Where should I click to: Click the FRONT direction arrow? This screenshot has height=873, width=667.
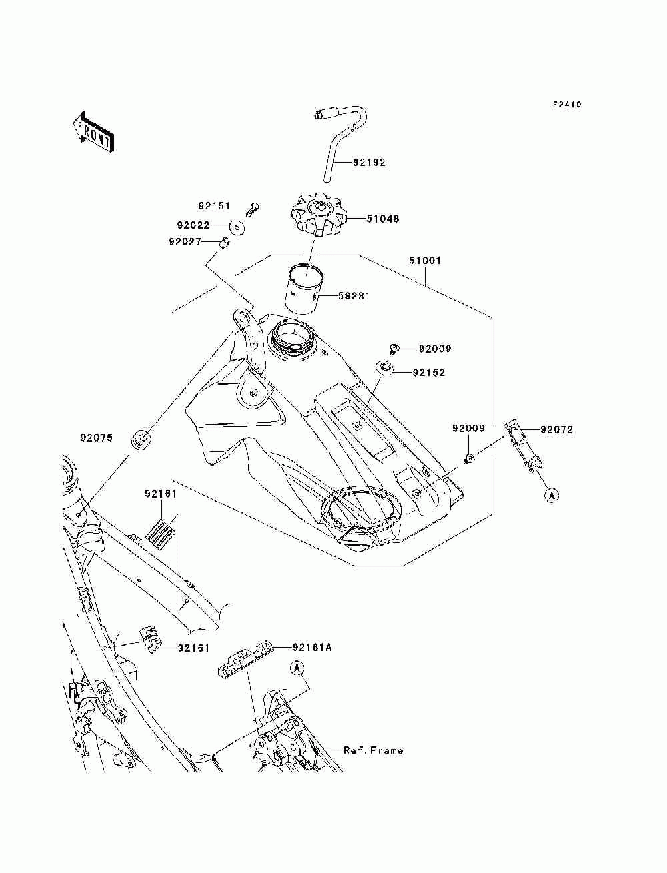pyautogui.click(x=93, y=131)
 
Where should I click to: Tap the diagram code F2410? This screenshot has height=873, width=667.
pyautogui.click(x=567, y=105)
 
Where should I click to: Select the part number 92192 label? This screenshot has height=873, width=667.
pyautogui.click(x=369, y=163)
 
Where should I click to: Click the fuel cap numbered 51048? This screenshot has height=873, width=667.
pyautogui.click(x=317, y=215)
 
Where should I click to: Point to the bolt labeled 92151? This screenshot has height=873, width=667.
pyautogui.click(x=252, y=209)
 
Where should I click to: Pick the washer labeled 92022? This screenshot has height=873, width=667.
pyautogui.click(x=237, y=228)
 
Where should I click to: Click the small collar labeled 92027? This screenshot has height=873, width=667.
pyautogui.click(x=225, y=242)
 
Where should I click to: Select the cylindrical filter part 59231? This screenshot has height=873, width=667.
pyautogui.click(x=305, y=289)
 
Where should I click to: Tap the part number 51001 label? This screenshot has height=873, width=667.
pyautogui.click(x=425, y=261)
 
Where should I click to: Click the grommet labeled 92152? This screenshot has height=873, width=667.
pyautogui.click(x=385, y=367)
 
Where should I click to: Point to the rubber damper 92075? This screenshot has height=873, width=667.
pyautogui.click(x=141, y=440)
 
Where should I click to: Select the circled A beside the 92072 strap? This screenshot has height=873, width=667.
pyautogui.click(x=552, y=495)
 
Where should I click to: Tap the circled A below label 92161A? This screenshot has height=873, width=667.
pyautogui.click(x=297, y=668)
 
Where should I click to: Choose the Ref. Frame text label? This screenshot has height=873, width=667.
pyautogui.click(x=373, y=750)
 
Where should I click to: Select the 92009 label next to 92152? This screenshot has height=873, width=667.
pyautogui.click(x=435, y=349)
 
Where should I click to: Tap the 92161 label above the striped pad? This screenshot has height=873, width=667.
pyautogui.click(x=161, y=494)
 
